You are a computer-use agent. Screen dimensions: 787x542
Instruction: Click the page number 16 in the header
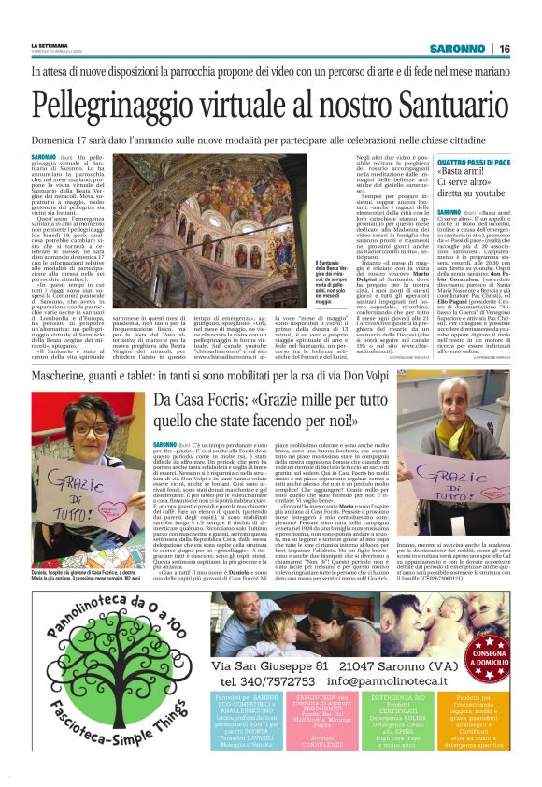529,49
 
